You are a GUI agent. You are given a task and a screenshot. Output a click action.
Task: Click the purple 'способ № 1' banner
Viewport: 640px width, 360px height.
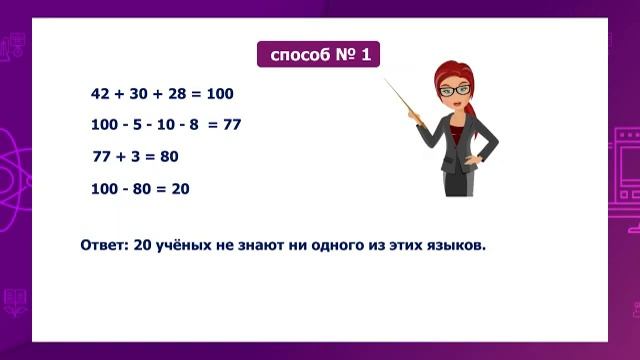pyautogui.click(x=319, y=54)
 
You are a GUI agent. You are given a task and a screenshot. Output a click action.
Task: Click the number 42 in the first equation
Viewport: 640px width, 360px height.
pyautogui.click(x=99, y=94)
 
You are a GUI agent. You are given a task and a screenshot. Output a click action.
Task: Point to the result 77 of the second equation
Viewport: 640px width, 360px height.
pyautogui.click(x=232, y=125)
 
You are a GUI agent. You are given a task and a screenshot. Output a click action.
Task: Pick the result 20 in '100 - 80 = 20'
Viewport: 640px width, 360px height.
pyautogui.click(x=180, y=188)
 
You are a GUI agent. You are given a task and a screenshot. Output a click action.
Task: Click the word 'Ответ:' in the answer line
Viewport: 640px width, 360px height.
pyautogui.click(x=104, y=243)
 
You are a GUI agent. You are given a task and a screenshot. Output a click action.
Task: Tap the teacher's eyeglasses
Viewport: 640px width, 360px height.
pyautogui.click(x=454, y=91)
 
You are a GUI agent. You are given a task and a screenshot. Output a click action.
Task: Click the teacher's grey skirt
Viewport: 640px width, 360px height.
pyautogui.click(x=458, y=181)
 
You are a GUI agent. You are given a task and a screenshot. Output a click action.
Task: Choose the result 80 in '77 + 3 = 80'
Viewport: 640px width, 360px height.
pyautogui.click(x=169, y=157)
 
